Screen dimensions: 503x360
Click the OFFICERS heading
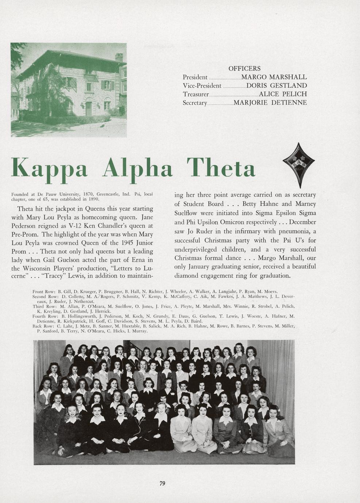[244, 69]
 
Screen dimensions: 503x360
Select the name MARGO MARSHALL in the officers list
[274, 77]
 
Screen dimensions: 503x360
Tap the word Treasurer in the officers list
[196, 94]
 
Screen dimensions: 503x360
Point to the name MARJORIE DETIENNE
[270, 102]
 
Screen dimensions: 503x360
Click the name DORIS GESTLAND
[276, 86]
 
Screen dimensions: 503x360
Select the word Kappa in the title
[50, 168]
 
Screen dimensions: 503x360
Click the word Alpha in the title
[138, 168]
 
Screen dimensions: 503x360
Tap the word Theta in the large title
[221, 168]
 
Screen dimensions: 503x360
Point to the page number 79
[162, 483]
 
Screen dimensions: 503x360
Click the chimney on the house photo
[119, 57]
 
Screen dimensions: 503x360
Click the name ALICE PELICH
[283, 94]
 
